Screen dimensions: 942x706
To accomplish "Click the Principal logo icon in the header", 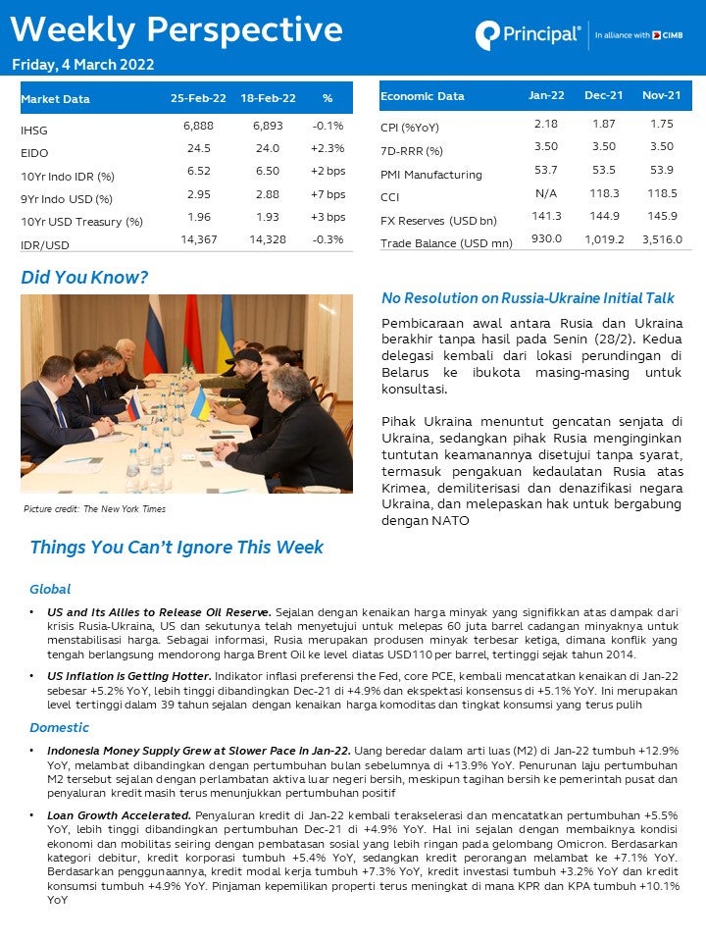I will [x=487, y=35].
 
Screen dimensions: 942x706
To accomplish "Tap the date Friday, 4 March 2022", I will [x=83, y=66].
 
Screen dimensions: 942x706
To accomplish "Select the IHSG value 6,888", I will [x=198, y=129].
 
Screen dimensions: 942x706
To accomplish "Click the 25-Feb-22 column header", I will [x=198, y=99].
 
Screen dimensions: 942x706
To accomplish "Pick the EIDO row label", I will [x=34, y=153].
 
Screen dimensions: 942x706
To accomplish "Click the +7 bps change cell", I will [x=328, y=195].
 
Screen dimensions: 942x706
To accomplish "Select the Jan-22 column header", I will [x=546, y=96].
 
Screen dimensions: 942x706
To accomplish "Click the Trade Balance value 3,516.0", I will [x=662, y=239].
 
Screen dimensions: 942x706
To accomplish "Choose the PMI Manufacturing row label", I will [x=431, y=175].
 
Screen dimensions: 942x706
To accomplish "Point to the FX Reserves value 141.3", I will [x=546, y=216].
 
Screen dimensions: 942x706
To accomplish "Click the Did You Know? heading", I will [x=84, y=279].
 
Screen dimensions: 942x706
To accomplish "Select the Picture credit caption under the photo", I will [x=94, y=509].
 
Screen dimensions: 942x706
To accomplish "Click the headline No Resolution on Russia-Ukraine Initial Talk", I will [x=528, y=298].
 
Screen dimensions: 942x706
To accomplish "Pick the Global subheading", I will [x=50, y=590].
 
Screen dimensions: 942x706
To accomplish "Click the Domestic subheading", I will [x=59, y=728].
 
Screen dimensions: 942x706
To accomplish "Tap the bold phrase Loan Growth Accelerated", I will [x=119, y=815].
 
